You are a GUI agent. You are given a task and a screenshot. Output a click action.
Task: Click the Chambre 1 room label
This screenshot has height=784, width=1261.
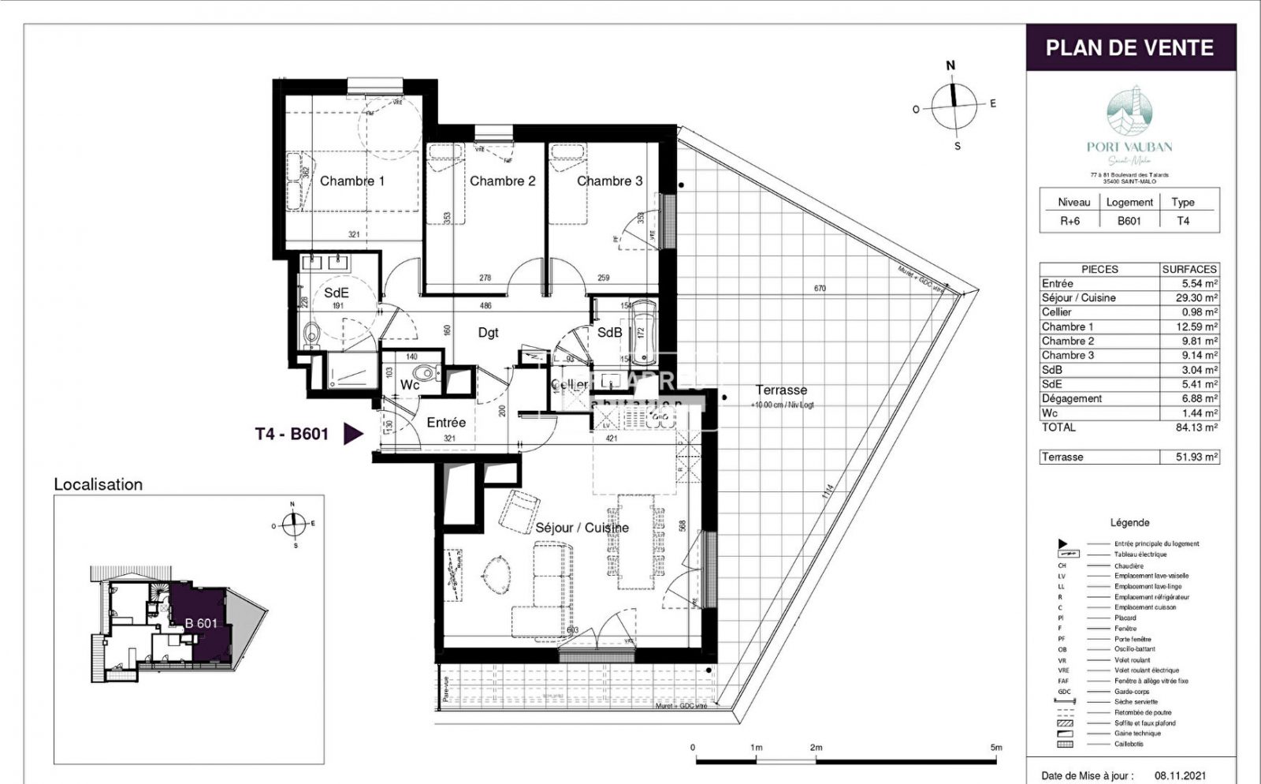pyautogui.click(x=352, y=181)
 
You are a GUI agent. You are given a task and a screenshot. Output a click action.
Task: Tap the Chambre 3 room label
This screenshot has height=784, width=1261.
pyautogui.click(x=609, y=181)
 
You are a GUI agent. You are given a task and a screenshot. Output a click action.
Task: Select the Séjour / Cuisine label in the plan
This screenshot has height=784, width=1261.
pyautogui.click(x=582, y=528)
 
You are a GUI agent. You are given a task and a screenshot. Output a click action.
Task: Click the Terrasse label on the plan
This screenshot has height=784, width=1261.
pyautogui.click(x=781, y=390)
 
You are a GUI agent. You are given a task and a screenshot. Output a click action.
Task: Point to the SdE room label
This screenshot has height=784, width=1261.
pyautogui.click(x=337, y=293)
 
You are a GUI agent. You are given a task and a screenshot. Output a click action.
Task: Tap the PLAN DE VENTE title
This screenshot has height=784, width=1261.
pyautogui.click(x=1129, y=48)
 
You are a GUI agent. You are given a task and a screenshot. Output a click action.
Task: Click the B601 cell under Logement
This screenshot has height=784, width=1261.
pyautogui.click(x=1129, y=221)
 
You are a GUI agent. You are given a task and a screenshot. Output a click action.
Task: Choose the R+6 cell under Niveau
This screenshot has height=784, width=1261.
pyautogui.click(x=1069, y=221)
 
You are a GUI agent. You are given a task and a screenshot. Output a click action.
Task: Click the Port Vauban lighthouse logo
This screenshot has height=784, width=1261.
pyautogui.click(x=1129, y=112)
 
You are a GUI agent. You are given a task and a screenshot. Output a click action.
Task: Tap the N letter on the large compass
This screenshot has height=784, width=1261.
pyautogui.click(x=951, y=66)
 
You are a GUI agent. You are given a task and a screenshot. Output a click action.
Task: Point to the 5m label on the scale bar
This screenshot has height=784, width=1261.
pyautogui.click(x=996, y=747)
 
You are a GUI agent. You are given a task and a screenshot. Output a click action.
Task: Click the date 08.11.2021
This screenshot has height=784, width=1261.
pyautogui.click(x=1180, y=775)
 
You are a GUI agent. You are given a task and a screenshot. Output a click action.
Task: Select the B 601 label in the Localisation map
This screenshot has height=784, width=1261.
pyautogui.click(x=201, y=623)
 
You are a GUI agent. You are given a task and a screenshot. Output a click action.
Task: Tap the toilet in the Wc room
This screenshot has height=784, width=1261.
pyautogui.click(x=426, y=374)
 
